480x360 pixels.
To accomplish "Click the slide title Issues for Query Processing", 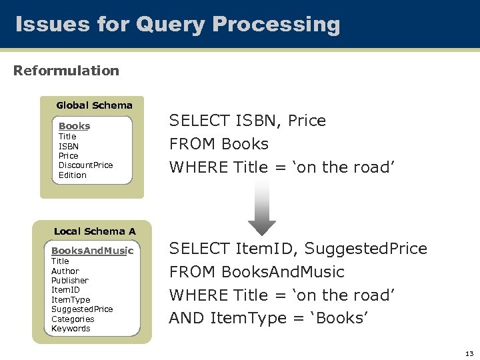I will point(177,25).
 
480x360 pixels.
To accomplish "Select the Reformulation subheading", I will point(66,71).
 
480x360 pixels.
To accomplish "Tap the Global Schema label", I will point(94,105).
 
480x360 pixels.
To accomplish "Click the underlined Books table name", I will point(74,126).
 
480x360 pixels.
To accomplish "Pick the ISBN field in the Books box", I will point(69,146).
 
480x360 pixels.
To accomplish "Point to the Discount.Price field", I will point(85,165).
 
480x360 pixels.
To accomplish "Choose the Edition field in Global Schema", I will point(73,175).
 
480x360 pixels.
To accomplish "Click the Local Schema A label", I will point(94,231).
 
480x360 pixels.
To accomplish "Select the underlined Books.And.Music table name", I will point(92,251).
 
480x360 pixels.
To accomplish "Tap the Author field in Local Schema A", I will point(65,271).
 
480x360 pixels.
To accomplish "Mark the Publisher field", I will point(70,281).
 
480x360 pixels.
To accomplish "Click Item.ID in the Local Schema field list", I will point(65,290).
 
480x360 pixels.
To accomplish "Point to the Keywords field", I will point(71,329).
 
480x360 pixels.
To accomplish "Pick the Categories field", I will point(73,319).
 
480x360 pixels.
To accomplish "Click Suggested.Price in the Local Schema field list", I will point(82,309).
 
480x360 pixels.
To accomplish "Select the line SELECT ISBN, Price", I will point(247,121).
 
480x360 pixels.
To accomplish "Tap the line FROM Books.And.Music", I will point(257,272).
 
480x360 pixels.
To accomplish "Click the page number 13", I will point(469,353).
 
